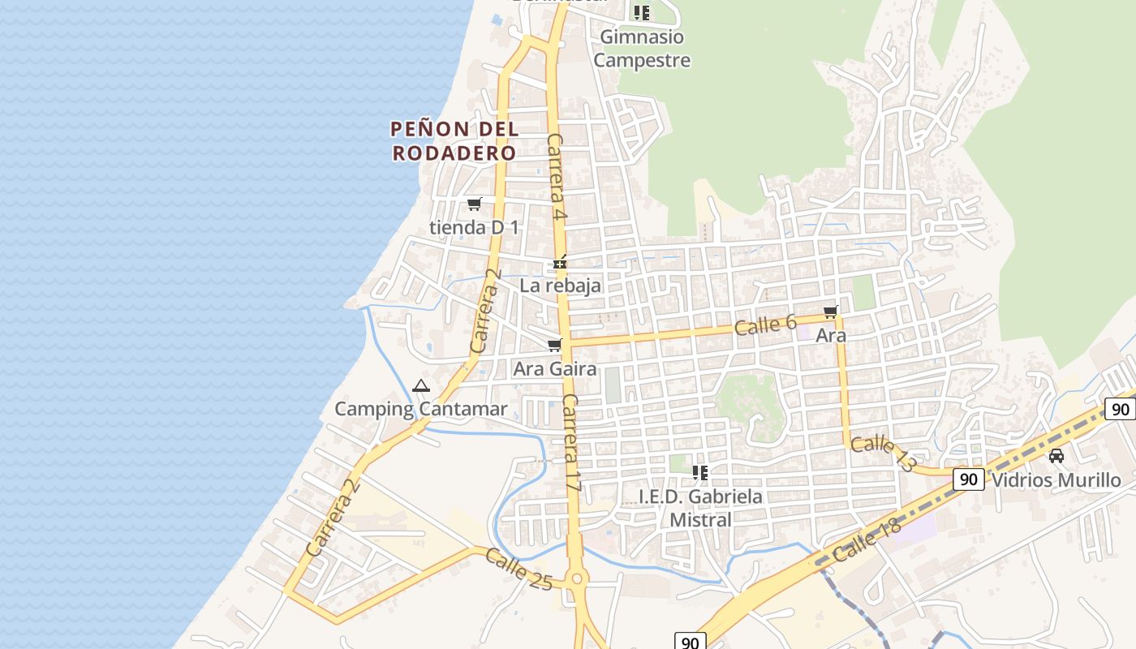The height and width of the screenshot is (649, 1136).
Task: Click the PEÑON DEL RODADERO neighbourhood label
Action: [454, 140]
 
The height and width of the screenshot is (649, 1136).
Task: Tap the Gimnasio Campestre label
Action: [642, 49]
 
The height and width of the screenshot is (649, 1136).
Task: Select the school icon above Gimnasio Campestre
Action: [642, 12]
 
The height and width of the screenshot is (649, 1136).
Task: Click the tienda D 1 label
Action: [474, 227]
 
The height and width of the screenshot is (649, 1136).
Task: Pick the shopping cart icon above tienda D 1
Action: [474, 204]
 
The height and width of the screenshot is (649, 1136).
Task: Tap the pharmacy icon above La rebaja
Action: [560, 263]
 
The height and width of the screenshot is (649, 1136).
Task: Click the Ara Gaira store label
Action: [555, 369]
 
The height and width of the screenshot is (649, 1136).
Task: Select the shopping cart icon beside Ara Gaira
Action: [555, 346]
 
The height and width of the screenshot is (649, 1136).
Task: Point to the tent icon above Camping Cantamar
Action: [420, 385]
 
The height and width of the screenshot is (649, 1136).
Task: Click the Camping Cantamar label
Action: [420, 409]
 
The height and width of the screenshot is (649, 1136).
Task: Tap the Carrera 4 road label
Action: [556, 177]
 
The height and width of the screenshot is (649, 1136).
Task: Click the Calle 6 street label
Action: [765, 324]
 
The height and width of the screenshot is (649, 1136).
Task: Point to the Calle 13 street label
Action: [884, 453]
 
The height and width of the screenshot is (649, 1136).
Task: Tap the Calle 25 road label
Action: [519, 569]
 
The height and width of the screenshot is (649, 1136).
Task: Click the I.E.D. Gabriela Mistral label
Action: [700, 508]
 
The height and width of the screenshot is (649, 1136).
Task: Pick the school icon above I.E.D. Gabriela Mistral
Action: [700, 472]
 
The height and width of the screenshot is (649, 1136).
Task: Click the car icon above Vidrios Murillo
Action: [1056, 456]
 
